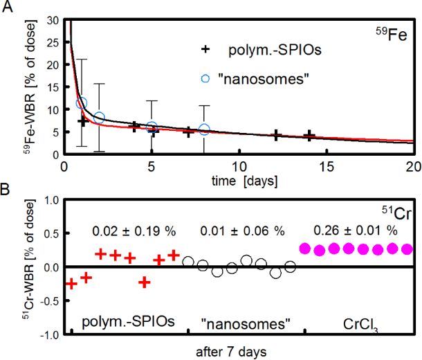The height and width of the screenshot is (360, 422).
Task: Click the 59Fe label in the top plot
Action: coord(392,31)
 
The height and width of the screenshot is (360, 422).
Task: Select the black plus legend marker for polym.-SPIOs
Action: coord(204,51)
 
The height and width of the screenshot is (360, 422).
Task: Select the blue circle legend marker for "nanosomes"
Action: coord(204,78)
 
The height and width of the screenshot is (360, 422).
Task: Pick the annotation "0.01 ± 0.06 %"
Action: coord(241,229)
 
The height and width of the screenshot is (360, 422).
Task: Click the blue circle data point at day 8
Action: coord(203,129)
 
